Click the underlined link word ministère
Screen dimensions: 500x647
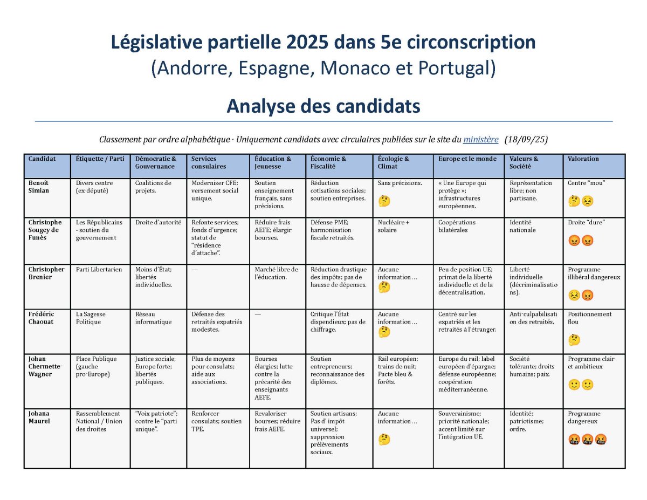tap(480, 140)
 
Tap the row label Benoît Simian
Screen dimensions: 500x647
tap(40, 187)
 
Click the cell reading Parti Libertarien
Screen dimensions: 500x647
tap(99, 270)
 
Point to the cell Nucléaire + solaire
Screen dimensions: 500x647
tap(394, 226)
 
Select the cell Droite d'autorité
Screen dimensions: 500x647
tap(158, 222)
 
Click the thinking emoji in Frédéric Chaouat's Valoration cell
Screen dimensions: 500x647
tap(574, 340)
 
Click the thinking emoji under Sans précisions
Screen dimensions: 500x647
tap(384, 201)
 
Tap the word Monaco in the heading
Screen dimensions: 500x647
tap(356, 69)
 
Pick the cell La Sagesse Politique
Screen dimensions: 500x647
tap(91, 318)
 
